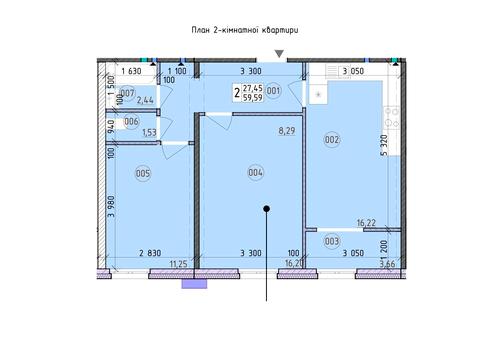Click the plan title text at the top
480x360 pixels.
(x=245, y=30)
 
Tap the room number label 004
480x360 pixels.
(x=256, y=173)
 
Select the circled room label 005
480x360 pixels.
(x=143, y=173)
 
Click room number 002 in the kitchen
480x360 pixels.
(x=332, y=139)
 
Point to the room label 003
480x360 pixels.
(x=332, y=241)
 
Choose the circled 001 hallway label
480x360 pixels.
(x=273, y=91)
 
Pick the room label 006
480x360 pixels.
(x=131, y=121)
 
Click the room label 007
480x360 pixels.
(x=127, y=93)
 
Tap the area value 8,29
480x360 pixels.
(x=287, y=131)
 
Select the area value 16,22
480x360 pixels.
(x=366, y=223)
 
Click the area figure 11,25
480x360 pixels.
(x=178, y=264)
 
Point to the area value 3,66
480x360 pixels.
(x=388, y=264)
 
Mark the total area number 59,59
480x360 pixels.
(x=253, y=98)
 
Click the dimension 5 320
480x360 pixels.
(x=384, y=145)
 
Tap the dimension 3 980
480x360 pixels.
(x=111, y=206)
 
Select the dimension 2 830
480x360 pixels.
(x=150, y=253)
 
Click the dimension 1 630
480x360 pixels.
(x=131, y=71)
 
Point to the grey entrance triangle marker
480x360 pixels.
(x=279, y=54)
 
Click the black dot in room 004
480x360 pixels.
(x=266, y=209)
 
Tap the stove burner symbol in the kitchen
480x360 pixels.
(x=392, y=117)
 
